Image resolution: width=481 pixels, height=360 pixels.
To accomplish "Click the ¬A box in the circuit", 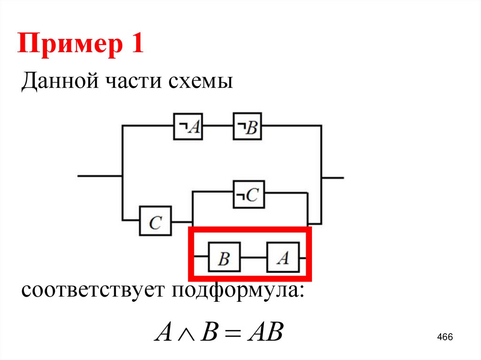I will [x=188, y=126].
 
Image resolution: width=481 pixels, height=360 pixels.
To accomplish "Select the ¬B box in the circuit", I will [x=247, y=126].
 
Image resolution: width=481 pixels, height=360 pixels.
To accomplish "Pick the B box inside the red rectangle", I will [x=224, y=258].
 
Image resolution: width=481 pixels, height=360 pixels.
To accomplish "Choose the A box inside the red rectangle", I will [x=282, y=257].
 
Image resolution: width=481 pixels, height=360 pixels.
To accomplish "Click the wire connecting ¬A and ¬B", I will [x=217, y=126].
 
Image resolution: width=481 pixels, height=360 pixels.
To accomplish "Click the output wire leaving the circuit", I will [x=333, y=178].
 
